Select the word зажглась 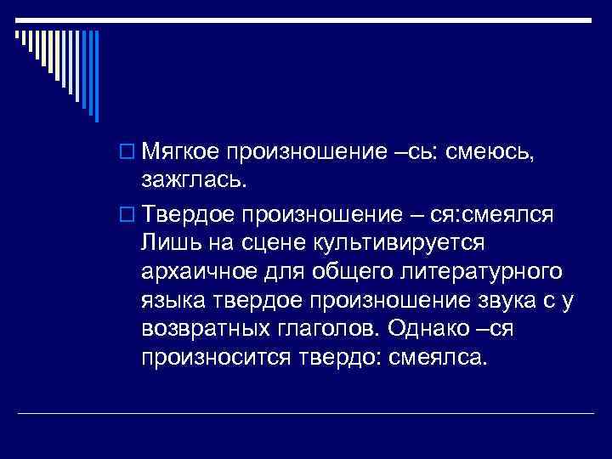point(193,180)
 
